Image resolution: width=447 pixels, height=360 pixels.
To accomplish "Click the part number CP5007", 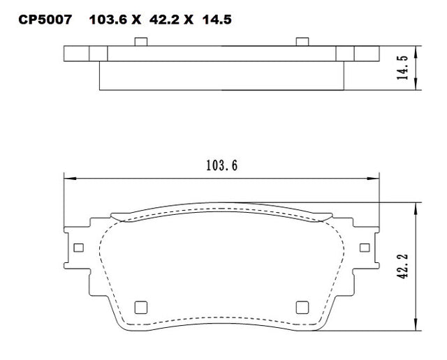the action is [45, 20].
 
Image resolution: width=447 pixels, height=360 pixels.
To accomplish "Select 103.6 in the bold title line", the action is [108, 20].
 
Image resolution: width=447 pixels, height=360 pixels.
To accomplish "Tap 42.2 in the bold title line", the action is [164, 20].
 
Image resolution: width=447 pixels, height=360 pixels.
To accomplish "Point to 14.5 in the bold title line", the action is [217, 20].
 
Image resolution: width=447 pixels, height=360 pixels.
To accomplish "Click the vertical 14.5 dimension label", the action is [403, 68].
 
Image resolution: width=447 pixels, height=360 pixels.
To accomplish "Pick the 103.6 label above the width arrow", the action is [222, 165].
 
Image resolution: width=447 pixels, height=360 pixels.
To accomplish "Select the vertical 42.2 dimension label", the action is [402, 267].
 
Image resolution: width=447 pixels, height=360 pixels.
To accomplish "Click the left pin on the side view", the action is [141, 42].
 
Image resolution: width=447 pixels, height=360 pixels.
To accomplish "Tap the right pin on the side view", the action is [302, 42].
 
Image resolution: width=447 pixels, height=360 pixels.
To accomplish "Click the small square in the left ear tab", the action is [78, 248].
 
